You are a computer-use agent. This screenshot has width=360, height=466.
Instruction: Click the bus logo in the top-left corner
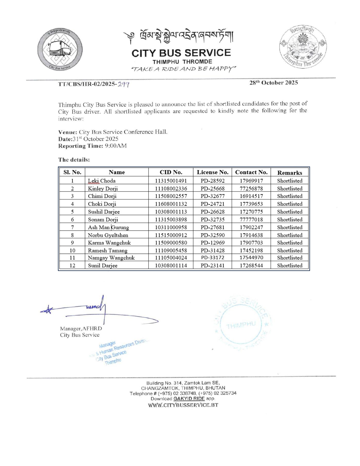(60, 50)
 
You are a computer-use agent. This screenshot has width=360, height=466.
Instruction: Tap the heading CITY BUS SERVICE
(181, 53)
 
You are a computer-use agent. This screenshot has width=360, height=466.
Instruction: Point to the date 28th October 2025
(273, 83)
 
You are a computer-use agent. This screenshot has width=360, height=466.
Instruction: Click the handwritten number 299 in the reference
(123, 84)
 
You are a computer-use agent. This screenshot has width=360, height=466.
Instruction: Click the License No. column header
(212, 172)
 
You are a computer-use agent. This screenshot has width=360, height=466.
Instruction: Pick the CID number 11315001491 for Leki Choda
(171, 181)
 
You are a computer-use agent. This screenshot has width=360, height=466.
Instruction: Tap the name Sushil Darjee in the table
(104, 212)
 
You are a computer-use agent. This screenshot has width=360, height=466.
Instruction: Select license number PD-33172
(212, 258)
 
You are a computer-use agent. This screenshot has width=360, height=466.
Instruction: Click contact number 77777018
(251, 219)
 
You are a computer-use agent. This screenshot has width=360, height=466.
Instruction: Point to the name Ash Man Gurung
(108, 227)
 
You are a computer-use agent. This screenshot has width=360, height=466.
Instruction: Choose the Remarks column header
(289, 173)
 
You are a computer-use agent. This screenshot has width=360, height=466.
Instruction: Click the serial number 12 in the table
(72, 265)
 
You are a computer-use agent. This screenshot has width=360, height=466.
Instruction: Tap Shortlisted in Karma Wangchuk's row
(289, 243)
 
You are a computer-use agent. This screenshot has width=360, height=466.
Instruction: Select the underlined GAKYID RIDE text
(189, 399)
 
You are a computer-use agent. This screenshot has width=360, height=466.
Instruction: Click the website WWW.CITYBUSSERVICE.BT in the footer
(183, 405)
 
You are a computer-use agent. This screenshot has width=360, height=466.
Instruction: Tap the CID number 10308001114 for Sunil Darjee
(171, 265)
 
